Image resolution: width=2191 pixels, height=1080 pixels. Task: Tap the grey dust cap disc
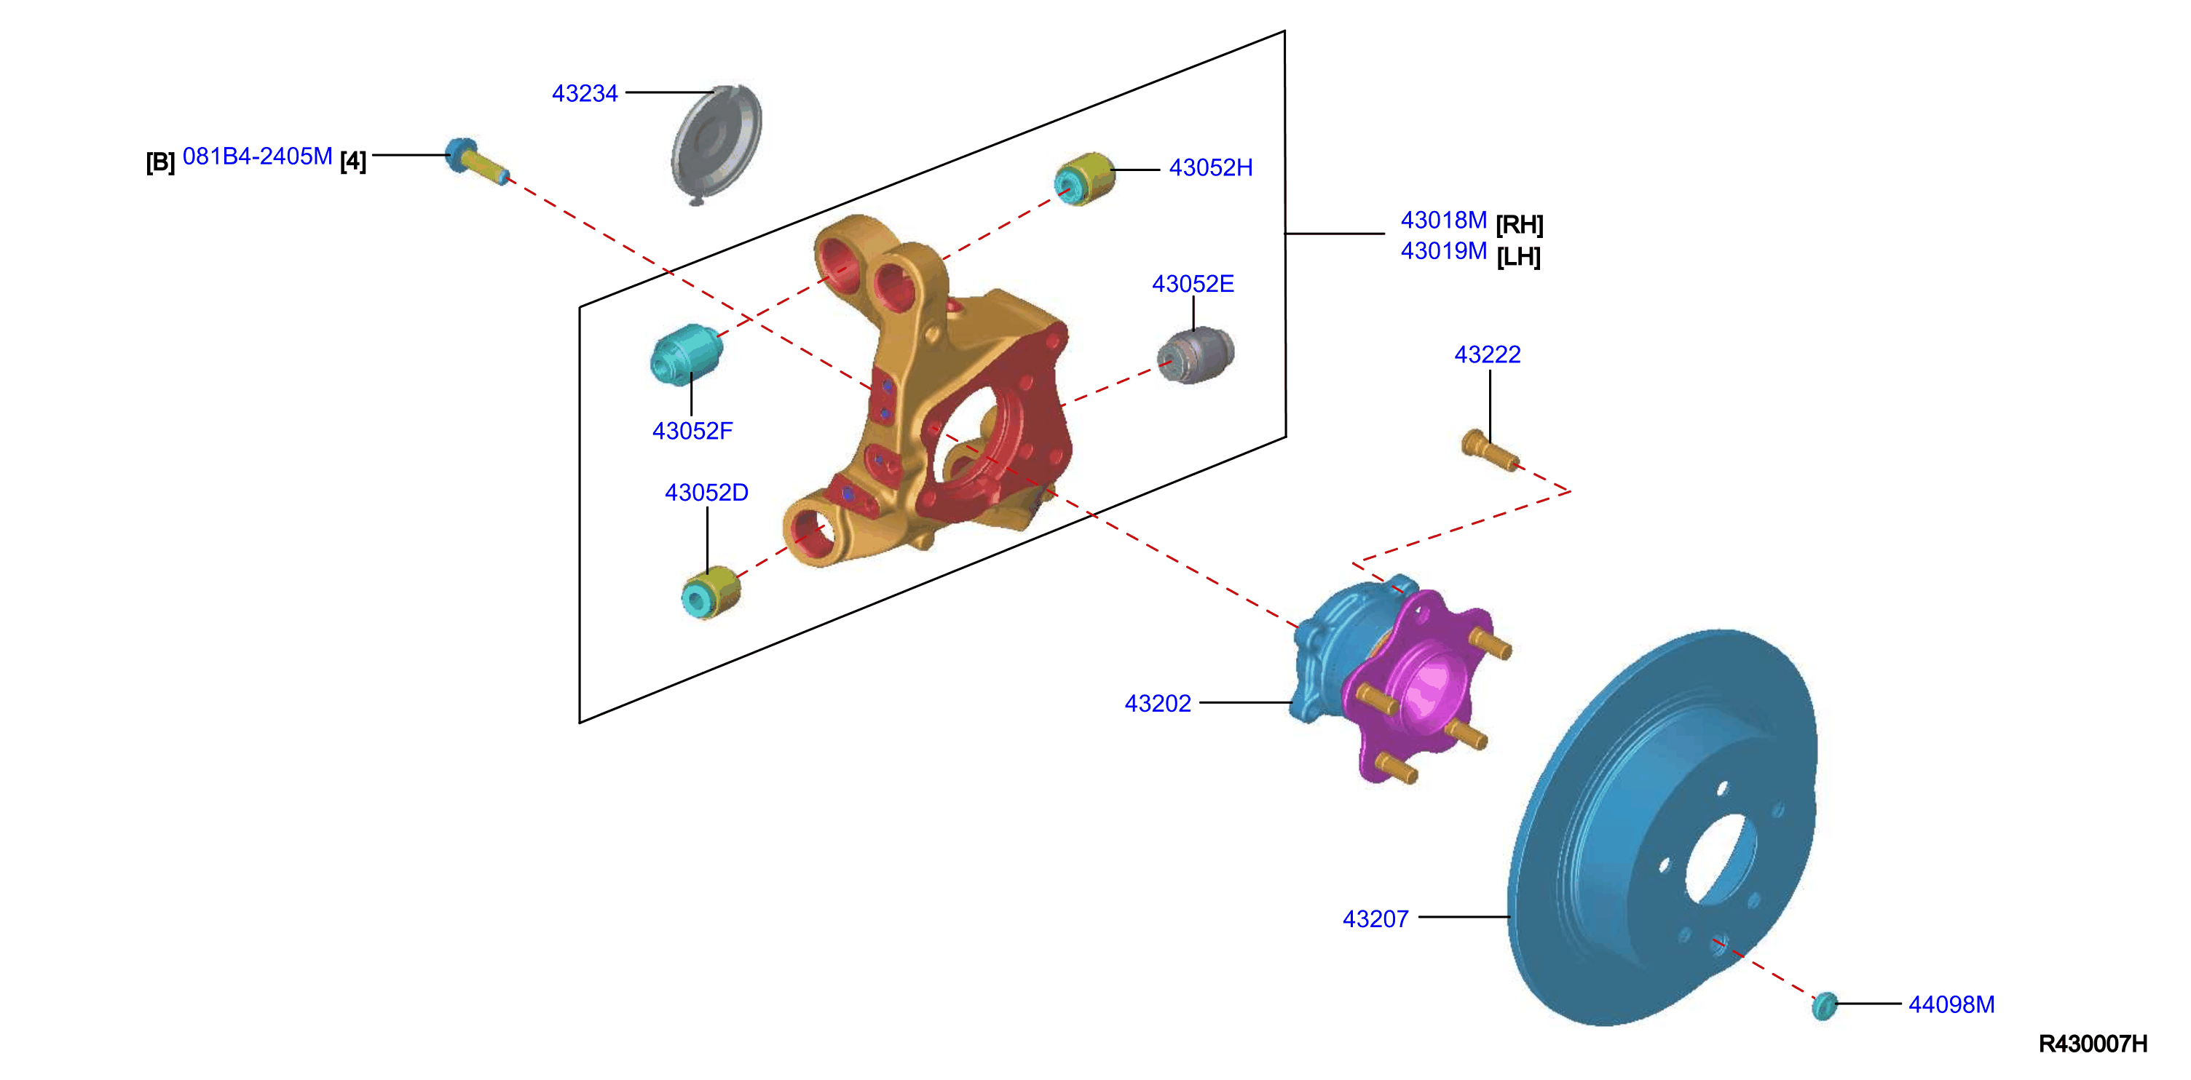(716, 143)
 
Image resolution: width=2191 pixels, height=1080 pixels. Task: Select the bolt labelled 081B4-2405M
(476, 159)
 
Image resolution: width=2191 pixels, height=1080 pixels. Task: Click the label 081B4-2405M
(257, 156)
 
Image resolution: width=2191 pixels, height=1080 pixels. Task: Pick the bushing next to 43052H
(1083, 178)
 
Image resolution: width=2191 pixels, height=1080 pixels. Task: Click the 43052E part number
(1193, 284)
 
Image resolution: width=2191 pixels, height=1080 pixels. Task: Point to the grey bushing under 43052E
(1195, 355)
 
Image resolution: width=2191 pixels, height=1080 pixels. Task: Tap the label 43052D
(706, 493)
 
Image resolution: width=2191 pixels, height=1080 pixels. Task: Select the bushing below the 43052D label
(711, 592)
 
